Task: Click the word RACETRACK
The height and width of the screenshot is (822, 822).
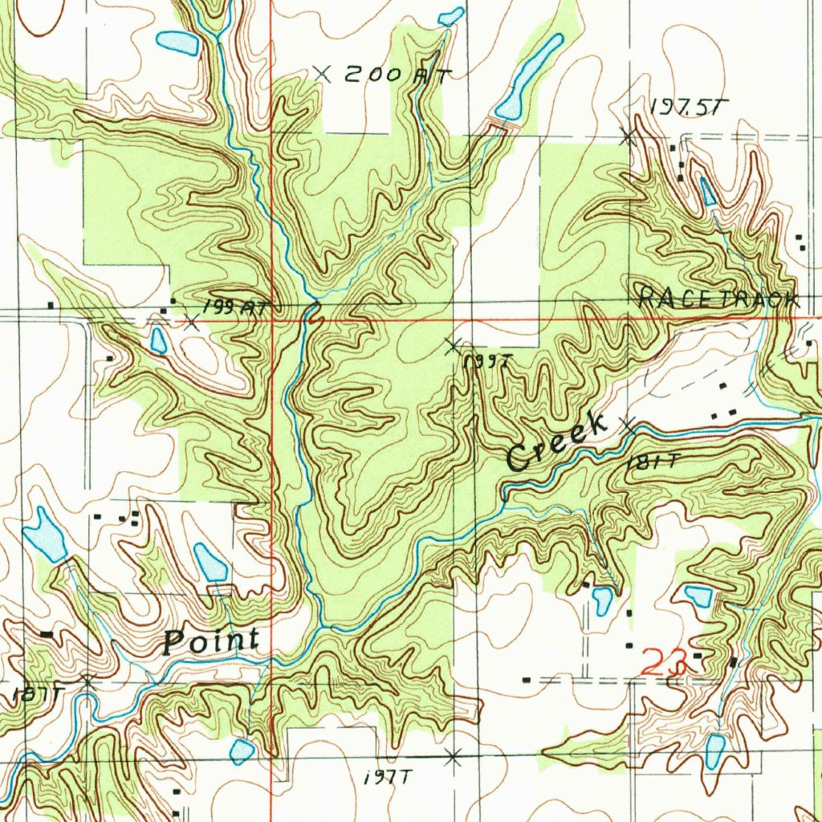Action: point(718,299)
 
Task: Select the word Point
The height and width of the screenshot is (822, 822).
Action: point(211,641)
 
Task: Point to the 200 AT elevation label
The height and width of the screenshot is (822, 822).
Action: point(397,75)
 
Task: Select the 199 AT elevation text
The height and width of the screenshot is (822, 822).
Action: point(234,307)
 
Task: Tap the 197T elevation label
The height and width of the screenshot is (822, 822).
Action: point(387,777)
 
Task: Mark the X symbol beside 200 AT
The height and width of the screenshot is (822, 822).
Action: point(322,74)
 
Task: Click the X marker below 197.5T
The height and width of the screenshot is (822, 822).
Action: point(629,136)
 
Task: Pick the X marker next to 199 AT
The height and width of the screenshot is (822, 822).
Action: point(190,324)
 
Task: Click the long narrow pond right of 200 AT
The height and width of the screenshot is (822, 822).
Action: point(530,76)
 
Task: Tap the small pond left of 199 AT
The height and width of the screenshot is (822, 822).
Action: point(157,340)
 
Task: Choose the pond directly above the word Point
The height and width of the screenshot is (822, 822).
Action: point(210,563)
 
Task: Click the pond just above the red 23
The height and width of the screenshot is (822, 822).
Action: point(697,596)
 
